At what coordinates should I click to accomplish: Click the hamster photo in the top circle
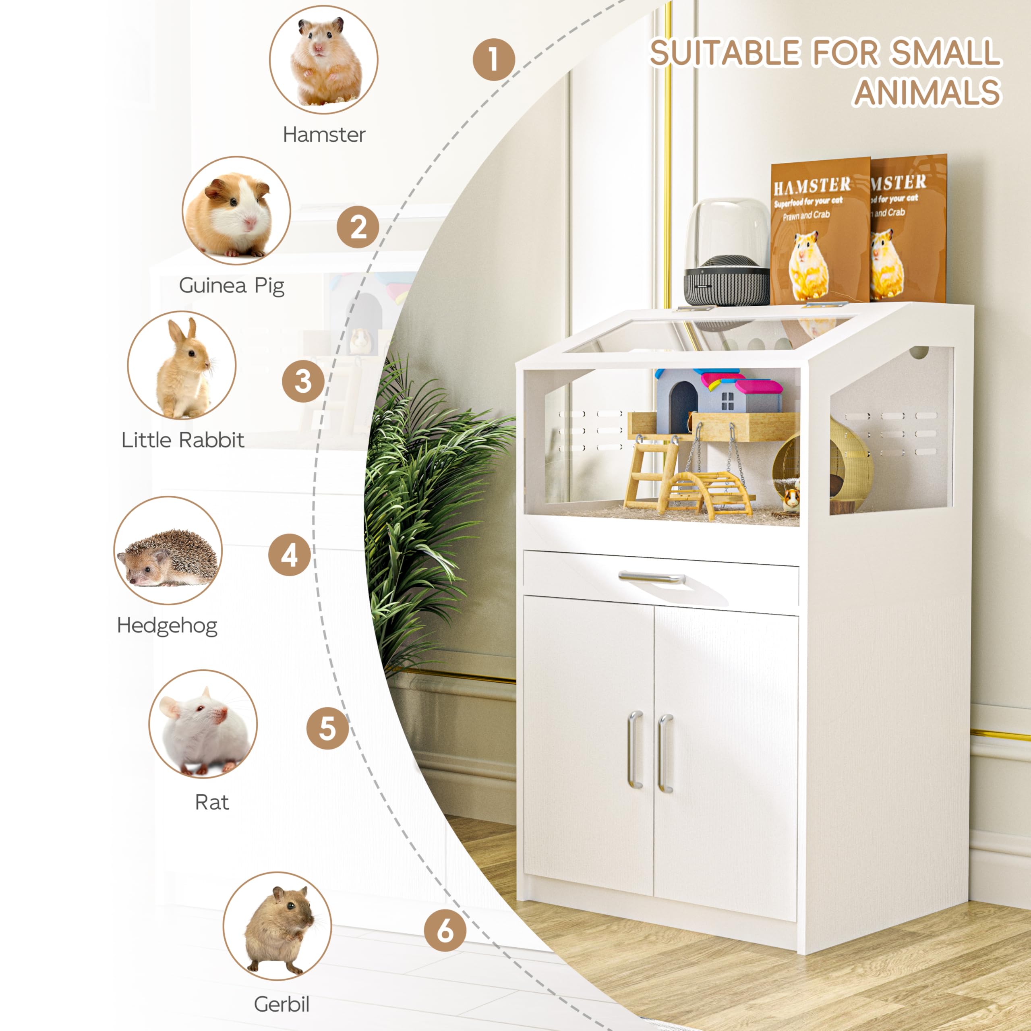(323, 60)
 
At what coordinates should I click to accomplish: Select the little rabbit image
(182, 366)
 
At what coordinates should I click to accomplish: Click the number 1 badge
(494, 59)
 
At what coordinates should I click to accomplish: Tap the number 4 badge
(289, 555)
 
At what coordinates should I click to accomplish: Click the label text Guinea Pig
(232, 286)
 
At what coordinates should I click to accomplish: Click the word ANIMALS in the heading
(927, 92)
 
